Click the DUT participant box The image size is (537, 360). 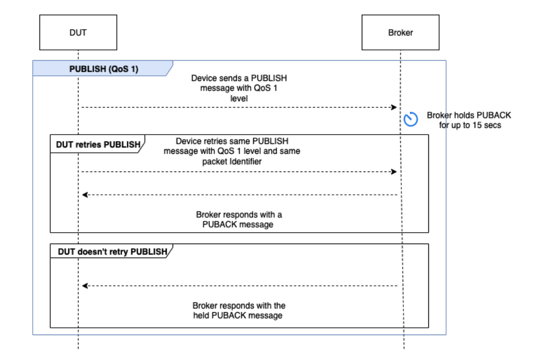tap(78, 32)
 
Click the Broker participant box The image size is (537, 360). tap(400, 32)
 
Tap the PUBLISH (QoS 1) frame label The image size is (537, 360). tap(103, 69)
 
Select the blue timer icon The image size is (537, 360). tap(411, 119)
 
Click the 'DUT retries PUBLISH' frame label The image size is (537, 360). tap(98, 144)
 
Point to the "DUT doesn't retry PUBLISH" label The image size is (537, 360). tap(111, 251)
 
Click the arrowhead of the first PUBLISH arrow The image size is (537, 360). tap(395, 107)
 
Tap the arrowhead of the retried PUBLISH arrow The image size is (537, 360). tap(395, 171)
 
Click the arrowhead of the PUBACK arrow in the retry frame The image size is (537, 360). tap(85, 195)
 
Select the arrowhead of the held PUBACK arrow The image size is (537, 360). tap(85, 286)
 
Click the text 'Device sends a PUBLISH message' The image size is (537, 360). tap(239, 83)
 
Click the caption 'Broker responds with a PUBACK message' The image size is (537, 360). tap(239, 219)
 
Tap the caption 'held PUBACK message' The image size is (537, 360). tap(239, 315)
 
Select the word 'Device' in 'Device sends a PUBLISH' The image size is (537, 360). tap(203, 78)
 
